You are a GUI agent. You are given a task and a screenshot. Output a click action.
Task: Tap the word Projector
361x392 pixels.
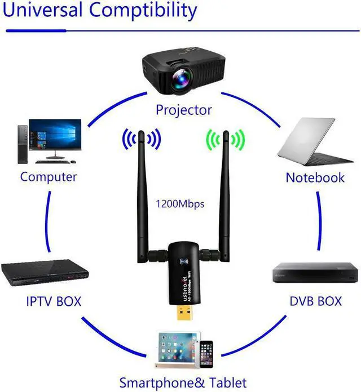click(x=184, y=110)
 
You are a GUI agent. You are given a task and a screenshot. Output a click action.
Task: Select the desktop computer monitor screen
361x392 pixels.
click(x=55, y=134)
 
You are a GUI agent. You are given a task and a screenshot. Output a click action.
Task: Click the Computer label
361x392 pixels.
click(x=49, y=177)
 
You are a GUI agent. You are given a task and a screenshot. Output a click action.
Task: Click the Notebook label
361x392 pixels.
click(x=315, y=178)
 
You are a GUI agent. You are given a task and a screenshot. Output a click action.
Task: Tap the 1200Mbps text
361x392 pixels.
click(x=180, y=204)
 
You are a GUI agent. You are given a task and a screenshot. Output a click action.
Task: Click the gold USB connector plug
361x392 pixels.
click(x=186, y=312)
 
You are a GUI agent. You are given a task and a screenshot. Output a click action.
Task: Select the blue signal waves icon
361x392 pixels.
click(x=142, y=139)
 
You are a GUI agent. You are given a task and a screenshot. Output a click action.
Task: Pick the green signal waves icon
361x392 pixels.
click(x=226, y=140)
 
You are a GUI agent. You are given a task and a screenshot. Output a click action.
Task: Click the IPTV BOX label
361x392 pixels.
click(x=54, y=301)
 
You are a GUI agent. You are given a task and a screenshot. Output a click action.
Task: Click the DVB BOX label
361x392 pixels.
click(x=316, y=301)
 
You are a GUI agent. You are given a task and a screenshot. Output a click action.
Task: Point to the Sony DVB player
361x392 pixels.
click(x=315, y=272)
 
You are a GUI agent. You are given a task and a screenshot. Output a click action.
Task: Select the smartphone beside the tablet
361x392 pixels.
click(x=206, y=354)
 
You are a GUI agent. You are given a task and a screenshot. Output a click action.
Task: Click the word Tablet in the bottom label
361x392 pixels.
click(x=228, y=383)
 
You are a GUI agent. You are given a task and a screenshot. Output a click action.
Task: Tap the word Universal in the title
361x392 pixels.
click(x=42, y=10)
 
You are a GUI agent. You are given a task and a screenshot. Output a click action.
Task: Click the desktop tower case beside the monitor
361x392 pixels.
click(x=23, y=145)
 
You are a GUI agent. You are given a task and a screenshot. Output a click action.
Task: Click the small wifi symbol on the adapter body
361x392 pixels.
click(x=184, y=262)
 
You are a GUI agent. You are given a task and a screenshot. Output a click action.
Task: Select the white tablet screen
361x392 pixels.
click(x=177, y=348)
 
